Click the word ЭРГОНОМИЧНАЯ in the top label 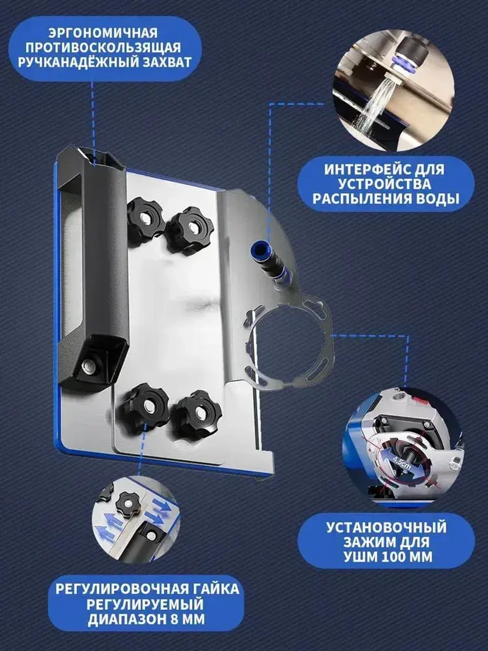tap(103, 33)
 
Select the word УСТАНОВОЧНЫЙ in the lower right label tap(386, 527)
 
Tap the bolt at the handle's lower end tap(90, 365)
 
